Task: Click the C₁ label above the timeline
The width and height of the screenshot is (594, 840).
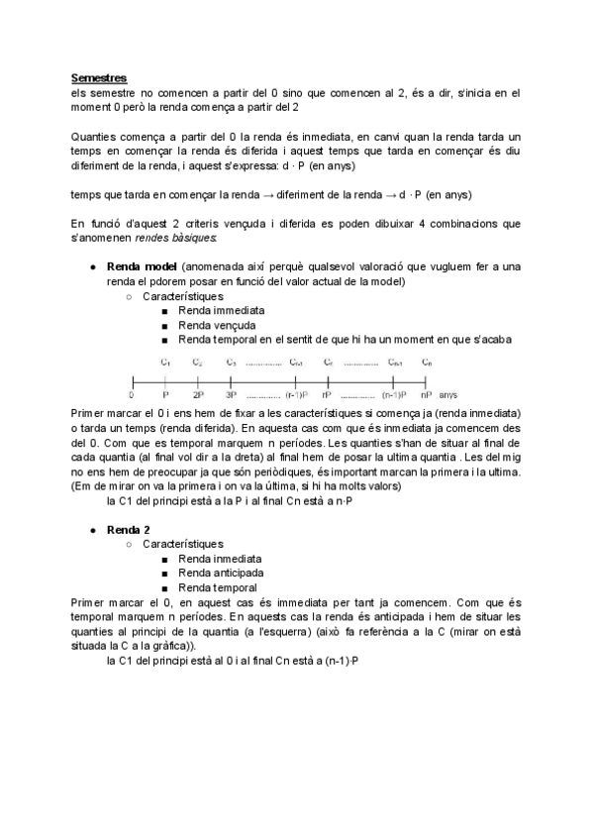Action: [165, 362]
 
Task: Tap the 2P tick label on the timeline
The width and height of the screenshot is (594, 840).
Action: [198, 393]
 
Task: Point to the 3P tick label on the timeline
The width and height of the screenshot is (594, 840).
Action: [231, 393]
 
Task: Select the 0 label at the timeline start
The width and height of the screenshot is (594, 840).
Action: [132, 393]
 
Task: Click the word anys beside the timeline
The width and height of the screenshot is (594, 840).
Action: [448, 393]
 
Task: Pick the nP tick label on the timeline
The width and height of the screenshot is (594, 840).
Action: [426, 393]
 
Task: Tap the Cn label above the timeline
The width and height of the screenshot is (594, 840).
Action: [426, 362]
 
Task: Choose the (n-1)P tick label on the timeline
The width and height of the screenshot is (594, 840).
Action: [297, 393]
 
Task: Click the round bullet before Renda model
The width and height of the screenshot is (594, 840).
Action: [91, 268]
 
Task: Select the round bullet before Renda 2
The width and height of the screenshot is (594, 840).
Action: [91, 531]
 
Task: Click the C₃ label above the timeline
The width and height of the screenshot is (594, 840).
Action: [231, 362]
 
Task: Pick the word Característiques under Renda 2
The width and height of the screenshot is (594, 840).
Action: [183, 544]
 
